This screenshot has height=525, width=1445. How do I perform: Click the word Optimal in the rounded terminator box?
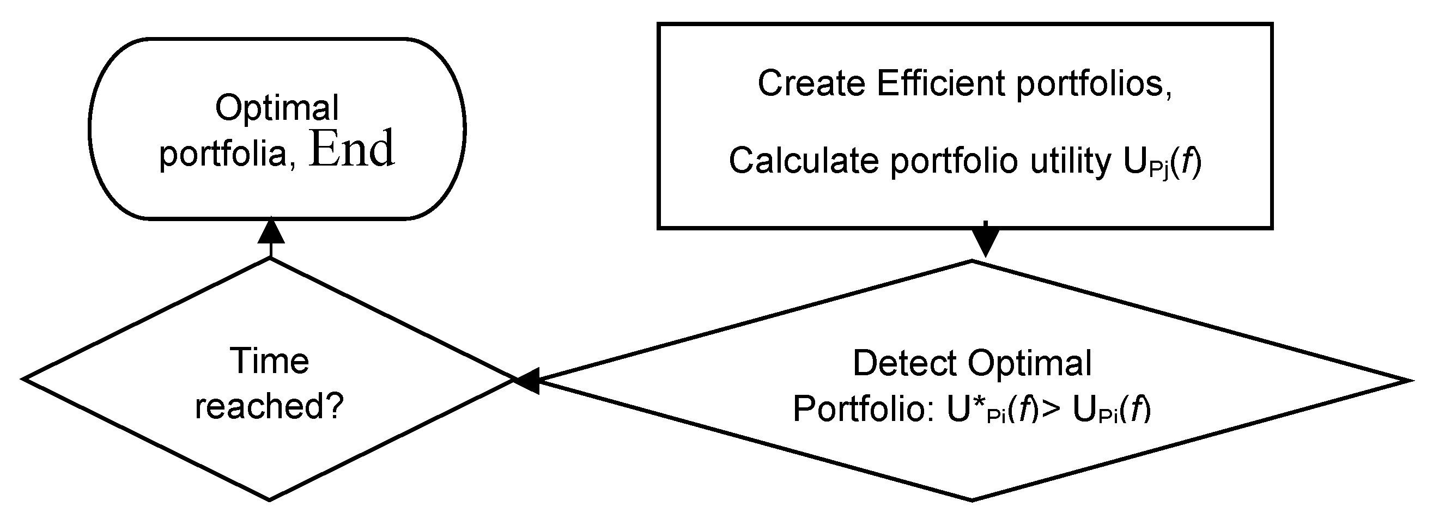(x=277, y=108)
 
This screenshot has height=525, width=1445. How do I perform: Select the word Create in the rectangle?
(x=811, y=83)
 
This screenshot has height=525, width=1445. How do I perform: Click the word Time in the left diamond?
(x=269, y=361)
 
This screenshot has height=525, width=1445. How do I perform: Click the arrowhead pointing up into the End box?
(x=271, y=231)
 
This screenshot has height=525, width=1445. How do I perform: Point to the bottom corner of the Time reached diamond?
(x=270, y=499)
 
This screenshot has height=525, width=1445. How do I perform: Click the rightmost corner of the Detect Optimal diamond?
(x=1407, y=381)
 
